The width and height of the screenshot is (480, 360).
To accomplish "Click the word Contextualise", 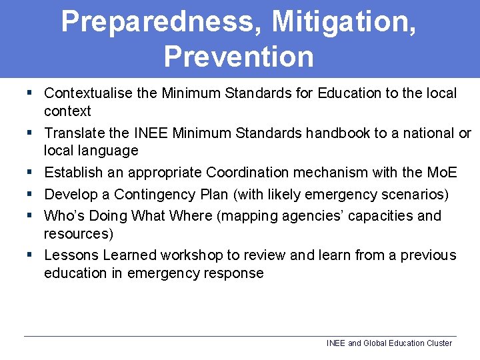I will pos(89,93).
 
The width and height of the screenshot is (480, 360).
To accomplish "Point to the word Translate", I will pos(73,133).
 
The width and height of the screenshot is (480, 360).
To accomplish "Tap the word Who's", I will pos(65,216).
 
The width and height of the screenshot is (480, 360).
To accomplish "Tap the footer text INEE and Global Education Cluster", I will pos(389,343).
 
